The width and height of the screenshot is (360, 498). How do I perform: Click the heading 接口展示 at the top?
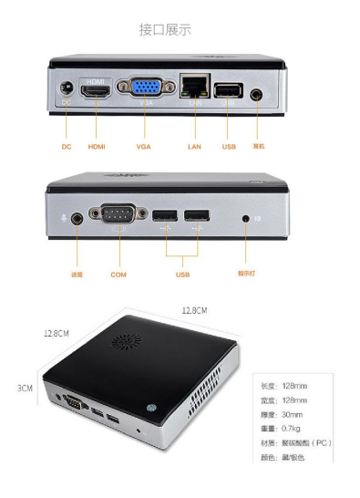(x=165, y=30)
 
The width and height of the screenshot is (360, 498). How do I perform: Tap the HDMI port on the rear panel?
(x=97, y=92)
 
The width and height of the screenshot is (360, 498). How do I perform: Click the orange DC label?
(x=67, y=147)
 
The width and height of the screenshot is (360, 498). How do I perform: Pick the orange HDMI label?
(x=97, y=147)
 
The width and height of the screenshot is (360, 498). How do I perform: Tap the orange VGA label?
(x=143, y=147)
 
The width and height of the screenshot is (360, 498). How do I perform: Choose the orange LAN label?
(x=193, y=147)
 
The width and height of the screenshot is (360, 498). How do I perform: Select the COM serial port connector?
(x=119, y=216)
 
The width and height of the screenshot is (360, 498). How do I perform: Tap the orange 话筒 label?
(x=77, y=273)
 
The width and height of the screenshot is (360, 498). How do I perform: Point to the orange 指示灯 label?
(x=247, y=273)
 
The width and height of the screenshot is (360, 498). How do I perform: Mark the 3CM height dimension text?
(x=25, y=388)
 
